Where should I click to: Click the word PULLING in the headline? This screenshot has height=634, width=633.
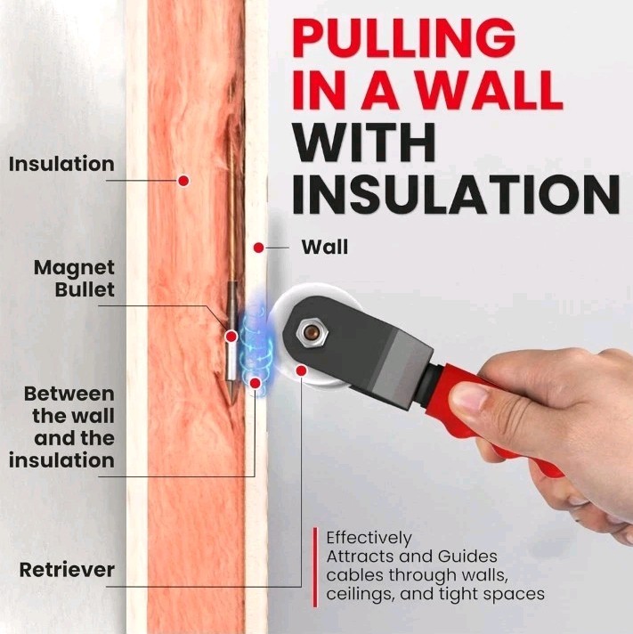(404, 39)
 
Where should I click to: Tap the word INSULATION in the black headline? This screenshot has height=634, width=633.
(456, 195)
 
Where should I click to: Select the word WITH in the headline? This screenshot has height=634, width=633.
(364, 143)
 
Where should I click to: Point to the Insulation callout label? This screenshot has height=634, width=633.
(61, 164)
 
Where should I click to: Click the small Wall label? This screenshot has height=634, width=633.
(325, 247)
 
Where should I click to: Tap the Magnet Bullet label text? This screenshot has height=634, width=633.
(75, 279)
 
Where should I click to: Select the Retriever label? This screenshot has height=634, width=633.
(67, 570)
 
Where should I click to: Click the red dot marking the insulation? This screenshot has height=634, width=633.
(183, 181)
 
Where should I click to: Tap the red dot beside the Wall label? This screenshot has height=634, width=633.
(259, 248)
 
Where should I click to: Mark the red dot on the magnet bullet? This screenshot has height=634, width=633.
(231, 336)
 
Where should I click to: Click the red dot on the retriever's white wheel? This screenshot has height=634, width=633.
(301, 370)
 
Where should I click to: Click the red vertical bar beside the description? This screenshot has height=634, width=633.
(315, 567)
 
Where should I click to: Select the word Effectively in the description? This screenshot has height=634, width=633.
(369, 538)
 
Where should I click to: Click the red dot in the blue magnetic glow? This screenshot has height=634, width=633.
(255, 383)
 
